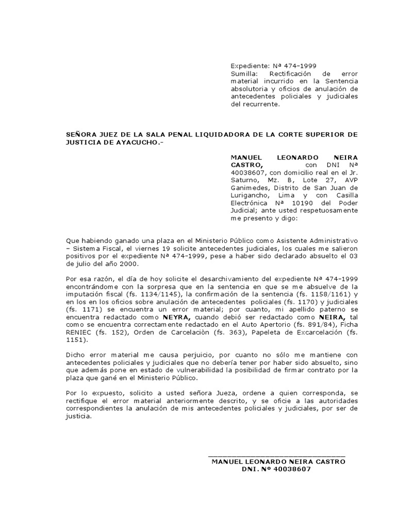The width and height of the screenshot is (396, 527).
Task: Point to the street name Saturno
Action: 243,180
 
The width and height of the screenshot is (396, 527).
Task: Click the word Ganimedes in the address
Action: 249,187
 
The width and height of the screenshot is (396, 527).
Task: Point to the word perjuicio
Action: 179,355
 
